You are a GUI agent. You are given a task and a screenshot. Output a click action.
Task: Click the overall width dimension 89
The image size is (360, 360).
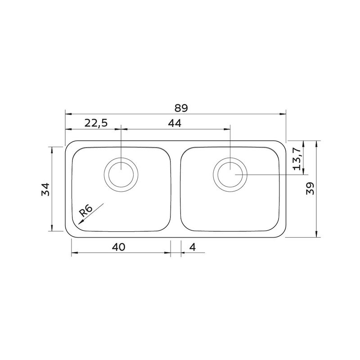pyautogui.click(x=181, y=108)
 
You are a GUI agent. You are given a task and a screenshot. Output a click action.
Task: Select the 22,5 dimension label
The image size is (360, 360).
pyautogui.click(x=96, y=123)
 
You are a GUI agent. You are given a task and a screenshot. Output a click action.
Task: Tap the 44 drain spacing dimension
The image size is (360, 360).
pyautogui.click(x=175, y=123)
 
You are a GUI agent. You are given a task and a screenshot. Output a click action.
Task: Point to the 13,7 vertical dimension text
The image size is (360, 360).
pyautogui.click(x=297, y=159)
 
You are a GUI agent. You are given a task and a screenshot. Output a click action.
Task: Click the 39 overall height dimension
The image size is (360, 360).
pyautogui.click(x=310, y=189)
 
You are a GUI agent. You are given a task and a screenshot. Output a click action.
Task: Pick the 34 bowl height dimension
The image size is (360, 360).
pyautogui.click(x=45, y=189)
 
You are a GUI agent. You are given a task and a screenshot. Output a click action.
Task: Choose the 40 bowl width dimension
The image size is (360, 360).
pyautogui.click(x=119, y=247)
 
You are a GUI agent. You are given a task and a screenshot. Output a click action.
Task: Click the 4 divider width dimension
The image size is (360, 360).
pyautogui.click(x=193, y=247)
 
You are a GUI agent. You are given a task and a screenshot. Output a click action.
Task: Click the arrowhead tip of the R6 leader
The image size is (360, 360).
pyautogui.click(x=78, y=224)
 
